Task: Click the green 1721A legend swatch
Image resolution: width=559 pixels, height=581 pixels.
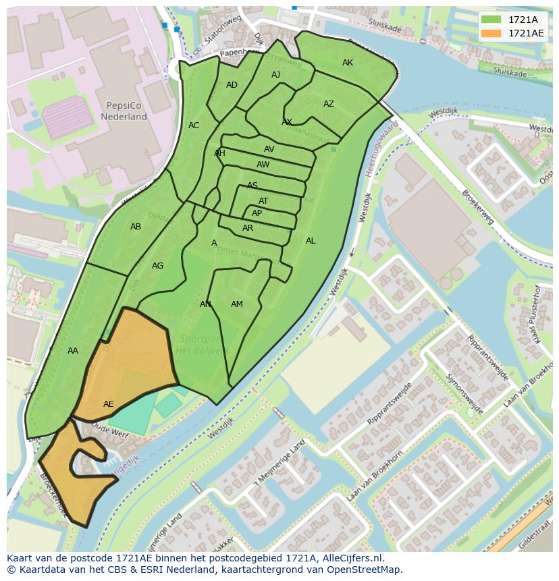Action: click(x=491, y=20)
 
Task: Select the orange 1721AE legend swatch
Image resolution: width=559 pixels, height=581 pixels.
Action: click(x=491, y=33)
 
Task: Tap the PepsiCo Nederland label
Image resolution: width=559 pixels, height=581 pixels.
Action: click(x=124, y=111)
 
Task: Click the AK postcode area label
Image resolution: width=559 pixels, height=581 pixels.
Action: click(x=348, y=63)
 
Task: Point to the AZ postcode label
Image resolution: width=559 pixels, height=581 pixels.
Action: click(x=329, y=104)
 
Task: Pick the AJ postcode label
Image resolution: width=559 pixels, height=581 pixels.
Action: click(x=275, y=75)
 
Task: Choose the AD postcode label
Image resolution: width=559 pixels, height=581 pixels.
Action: click(x=232, y=85)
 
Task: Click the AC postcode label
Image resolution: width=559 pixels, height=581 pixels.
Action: click(x=194, y=126)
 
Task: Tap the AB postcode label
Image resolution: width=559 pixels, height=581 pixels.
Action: click(x=136, y=227)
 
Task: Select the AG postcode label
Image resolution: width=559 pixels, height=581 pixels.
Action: click(x=157, y=266)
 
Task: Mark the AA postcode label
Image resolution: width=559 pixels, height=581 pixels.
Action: click(x=73, y=351)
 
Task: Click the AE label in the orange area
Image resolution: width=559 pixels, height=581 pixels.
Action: click(x=109, y=404)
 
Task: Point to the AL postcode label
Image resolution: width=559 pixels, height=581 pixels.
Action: click(x=311, y=241)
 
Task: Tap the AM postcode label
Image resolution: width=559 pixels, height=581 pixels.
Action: click(x=237, y=304)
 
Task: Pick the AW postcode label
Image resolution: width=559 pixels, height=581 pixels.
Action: click(x=263, y=165)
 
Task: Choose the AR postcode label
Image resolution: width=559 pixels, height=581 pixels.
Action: click(x=248, y=228)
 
